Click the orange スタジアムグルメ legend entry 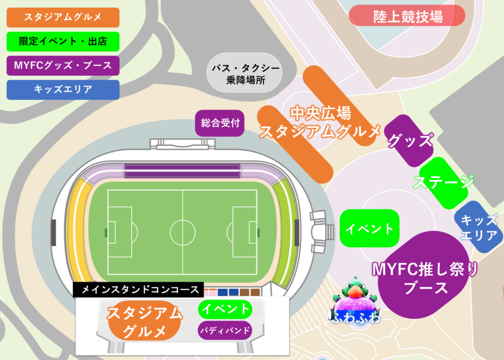pos(63,17)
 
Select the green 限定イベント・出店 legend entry pos(63,41)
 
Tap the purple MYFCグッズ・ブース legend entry pos(63,65)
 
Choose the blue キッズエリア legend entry pos(63,90)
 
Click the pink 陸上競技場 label pos(407,16)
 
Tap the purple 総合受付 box pos(220,123)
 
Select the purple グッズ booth pos(410,141)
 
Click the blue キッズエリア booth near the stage pos(478,227)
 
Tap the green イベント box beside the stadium pos(369,228)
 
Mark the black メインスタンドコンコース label pos(138,289)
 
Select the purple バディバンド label pos(224,330)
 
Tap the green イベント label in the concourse pos(224,309)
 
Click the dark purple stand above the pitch pos(182,171)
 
